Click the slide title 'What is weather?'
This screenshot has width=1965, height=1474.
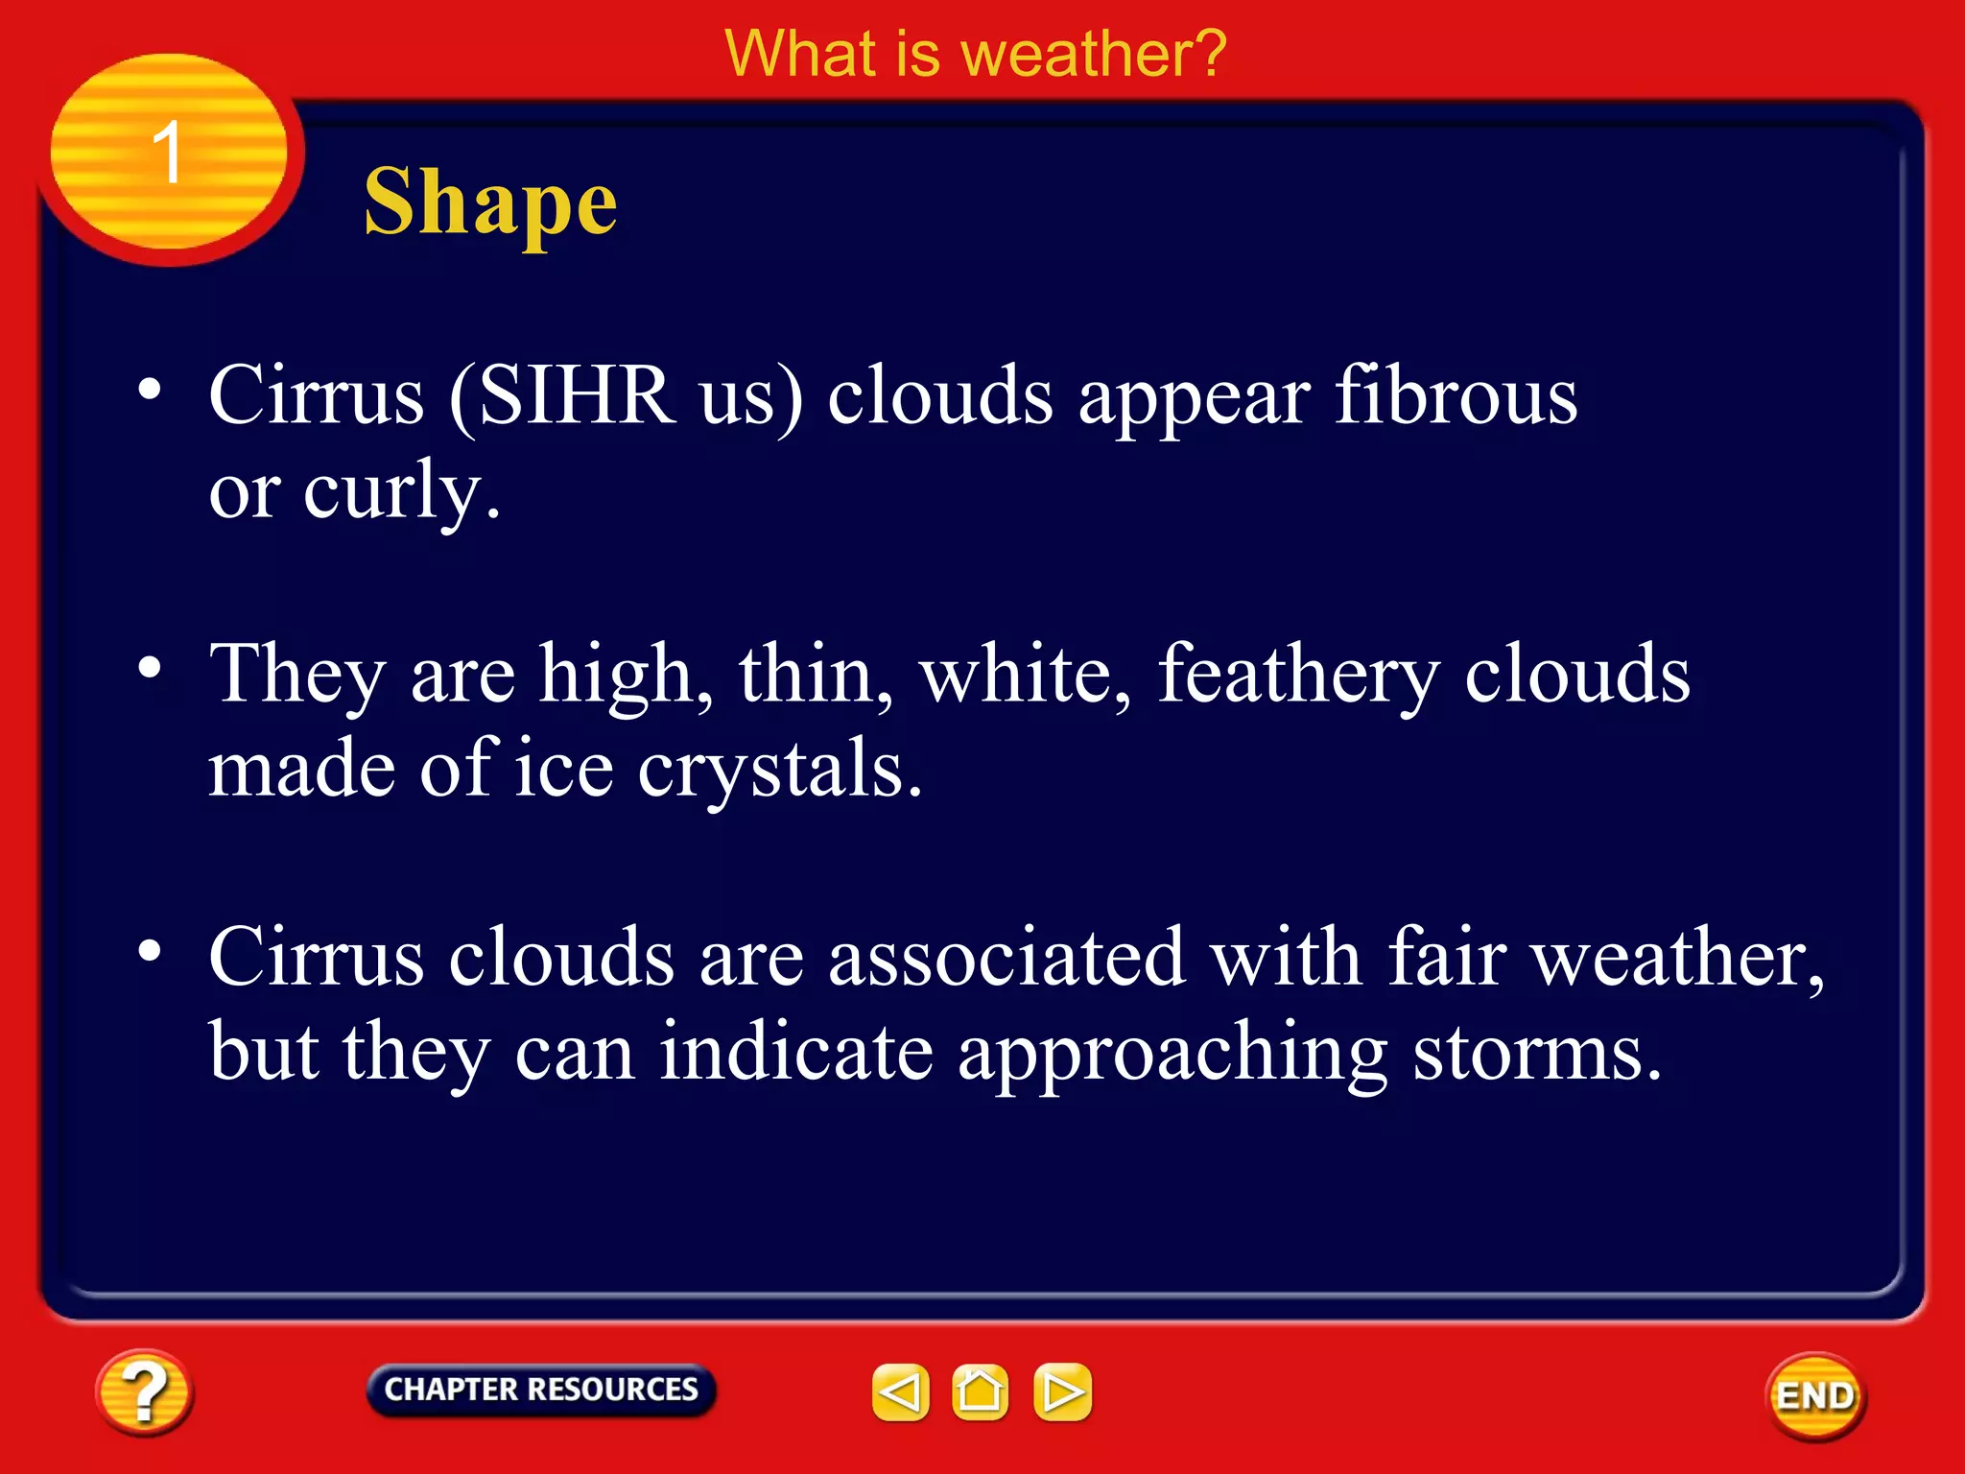click(975, 54)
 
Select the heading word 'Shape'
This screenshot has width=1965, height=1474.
click(490, 202)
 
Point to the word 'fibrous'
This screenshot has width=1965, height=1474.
click(1456, 395)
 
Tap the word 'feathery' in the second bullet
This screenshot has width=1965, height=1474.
click(1299, 675)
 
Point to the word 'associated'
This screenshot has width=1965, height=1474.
click(1006, 957)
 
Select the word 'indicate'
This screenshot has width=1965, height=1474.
click(796, 1052)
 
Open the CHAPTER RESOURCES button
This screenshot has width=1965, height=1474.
click(541, 1390)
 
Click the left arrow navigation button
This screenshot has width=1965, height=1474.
click(900, 1391)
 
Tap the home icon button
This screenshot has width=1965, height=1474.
click(980, 1391)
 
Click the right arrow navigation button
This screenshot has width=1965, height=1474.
click(1062, 1391)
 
